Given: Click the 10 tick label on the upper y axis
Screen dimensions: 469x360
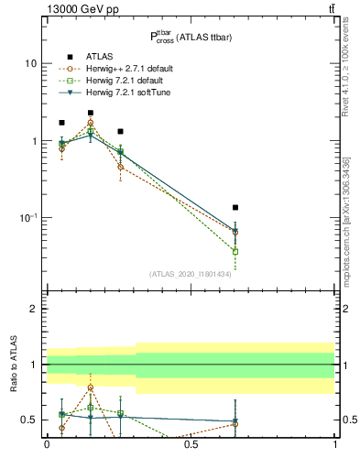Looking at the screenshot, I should pos(31,64).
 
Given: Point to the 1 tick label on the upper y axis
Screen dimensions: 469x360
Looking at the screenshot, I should pos(34,141).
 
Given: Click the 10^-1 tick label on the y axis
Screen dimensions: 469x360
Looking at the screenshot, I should pos(28,217).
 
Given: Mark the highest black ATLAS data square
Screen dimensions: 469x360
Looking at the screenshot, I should pos(91,113).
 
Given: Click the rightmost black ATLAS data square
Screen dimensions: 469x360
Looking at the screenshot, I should pos(235,208).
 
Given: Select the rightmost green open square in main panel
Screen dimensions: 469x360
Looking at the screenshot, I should pos(235,251).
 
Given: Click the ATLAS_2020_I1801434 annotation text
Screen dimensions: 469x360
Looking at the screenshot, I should pos(191,274).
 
